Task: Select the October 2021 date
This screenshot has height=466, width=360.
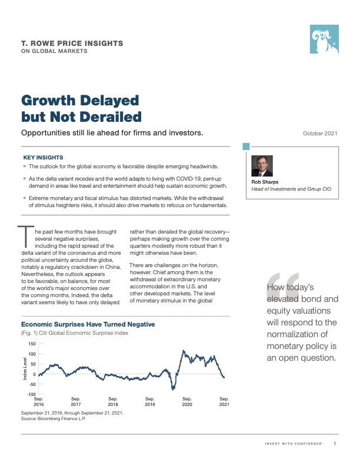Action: (x=321, y=134)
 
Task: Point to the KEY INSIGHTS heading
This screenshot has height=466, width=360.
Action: (x=43, y=158)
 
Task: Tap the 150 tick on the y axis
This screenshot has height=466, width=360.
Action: (x=32, y=344)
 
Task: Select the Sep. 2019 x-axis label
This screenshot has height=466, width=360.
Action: (x=150, y=402)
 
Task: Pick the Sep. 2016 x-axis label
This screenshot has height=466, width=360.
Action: (x=39, y=402)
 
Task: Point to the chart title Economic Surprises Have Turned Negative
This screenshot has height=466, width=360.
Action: (x=88, y=324)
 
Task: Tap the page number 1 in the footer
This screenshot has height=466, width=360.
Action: (x=335, y=443)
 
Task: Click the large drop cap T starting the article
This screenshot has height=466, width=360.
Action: (x=25, y=236)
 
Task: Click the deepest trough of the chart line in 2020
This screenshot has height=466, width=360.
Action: (x=173, y=390)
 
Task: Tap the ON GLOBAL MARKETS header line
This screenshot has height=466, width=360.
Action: (x=54, y=51)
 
